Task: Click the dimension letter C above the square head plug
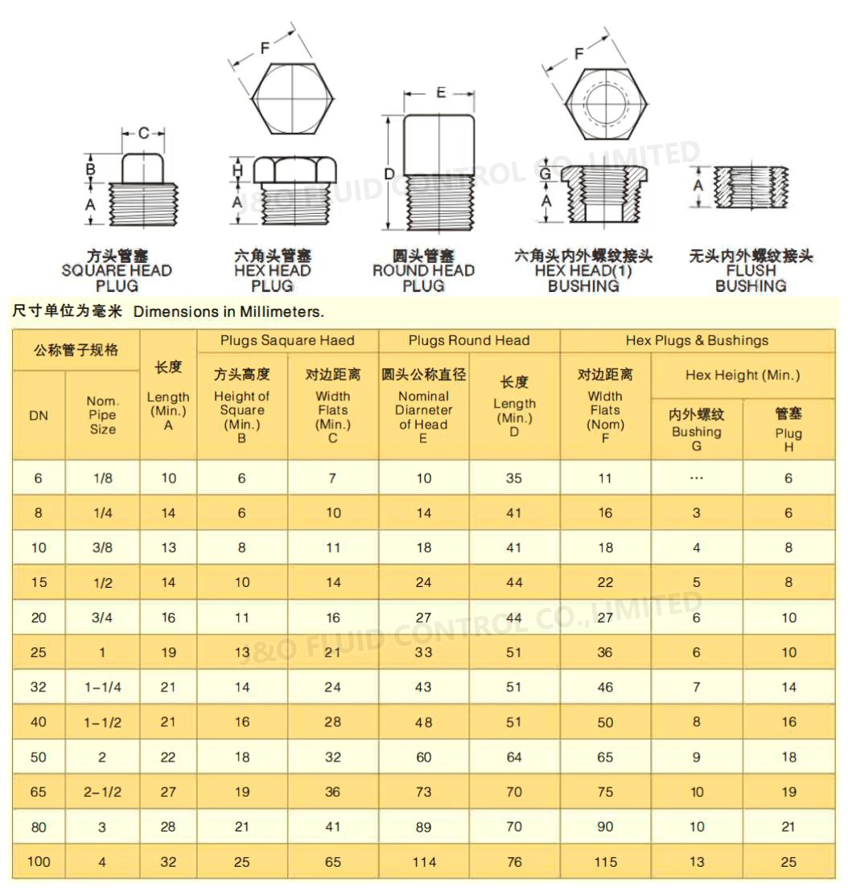coord(143,133)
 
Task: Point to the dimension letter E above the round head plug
coord(441,93)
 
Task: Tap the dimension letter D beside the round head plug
coord(389,174)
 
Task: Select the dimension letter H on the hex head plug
coord(237,170)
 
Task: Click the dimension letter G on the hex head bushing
coord(545,174)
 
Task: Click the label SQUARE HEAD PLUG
coord(117,271)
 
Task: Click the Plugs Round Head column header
coord(469,341)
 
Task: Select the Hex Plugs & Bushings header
coord(697,341)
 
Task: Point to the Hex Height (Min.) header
coord(743,375)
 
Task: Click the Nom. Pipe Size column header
coord(103,415)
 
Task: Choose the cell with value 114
coord(424,862)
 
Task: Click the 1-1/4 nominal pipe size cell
coord(103,688)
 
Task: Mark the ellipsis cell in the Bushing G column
coord(697,478)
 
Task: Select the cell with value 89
coord(424,827)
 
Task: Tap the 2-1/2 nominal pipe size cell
coord(103,792)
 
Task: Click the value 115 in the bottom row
coord(605,862)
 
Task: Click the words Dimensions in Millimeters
coord(228,312)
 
